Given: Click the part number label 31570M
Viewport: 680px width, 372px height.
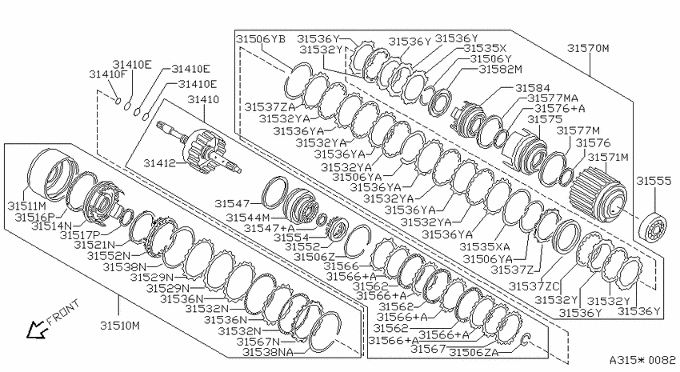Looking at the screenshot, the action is (x=588, y=48).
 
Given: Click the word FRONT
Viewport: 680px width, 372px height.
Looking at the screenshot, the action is (x=63, y=312).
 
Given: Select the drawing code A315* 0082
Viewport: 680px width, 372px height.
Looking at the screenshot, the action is (x=642, y=360).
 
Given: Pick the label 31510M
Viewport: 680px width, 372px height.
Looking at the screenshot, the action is (x=120, y=325).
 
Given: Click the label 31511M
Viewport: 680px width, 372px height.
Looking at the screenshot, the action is (x=26, y=206).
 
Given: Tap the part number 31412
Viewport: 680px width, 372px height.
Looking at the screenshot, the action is (x=159, y=163).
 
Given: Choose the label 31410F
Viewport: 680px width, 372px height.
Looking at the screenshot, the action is (x=108, y=74).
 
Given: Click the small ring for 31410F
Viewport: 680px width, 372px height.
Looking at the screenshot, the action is (x=118, y=102).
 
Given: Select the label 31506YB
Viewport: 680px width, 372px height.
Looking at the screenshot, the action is (x=261, y=39).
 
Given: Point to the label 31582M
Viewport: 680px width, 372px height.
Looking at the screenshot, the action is (x=501, y=69).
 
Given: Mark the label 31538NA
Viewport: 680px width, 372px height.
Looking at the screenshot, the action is (x=268, y=352).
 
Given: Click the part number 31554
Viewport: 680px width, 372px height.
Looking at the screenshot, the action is (x=291, y=238).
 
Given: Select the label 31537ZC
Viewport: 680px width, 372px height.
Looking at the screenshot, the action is (x=534, y=286).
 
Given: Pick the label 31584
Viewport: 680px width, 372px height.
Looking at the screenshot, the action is (x=533, y=89).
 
